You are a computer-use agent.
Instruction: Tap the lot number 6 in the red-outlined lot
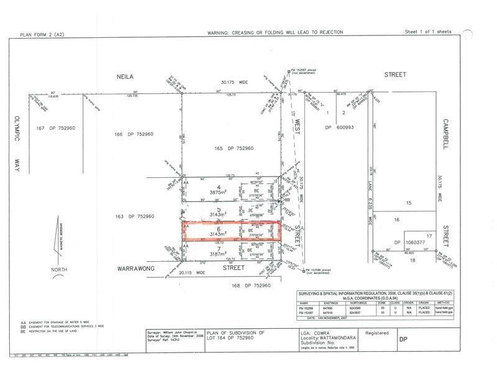[x=218, y=228]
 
